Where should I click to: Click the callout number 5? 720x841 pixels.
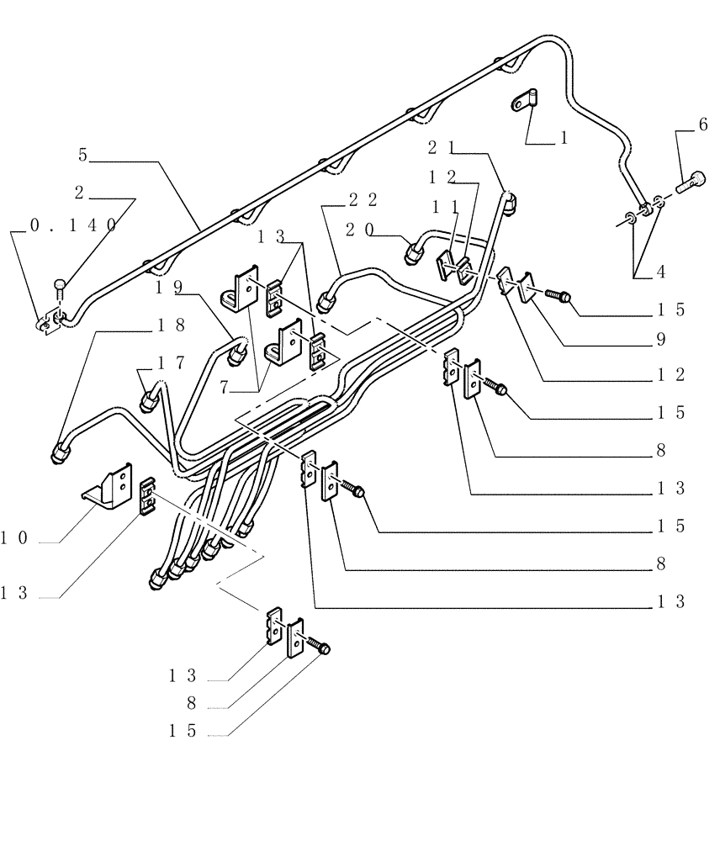82,155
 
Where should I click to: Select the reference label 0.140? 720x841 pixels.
73,225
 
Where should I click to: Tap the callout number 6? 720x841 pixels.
702,125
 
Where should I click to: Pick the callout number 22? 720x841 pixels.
362,199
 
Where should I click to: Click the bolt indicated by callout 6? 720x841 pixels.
691,178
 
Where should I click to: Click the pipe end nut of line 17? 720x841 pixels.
148,401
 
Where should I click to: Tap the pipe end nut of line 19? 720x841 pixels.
238,355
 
